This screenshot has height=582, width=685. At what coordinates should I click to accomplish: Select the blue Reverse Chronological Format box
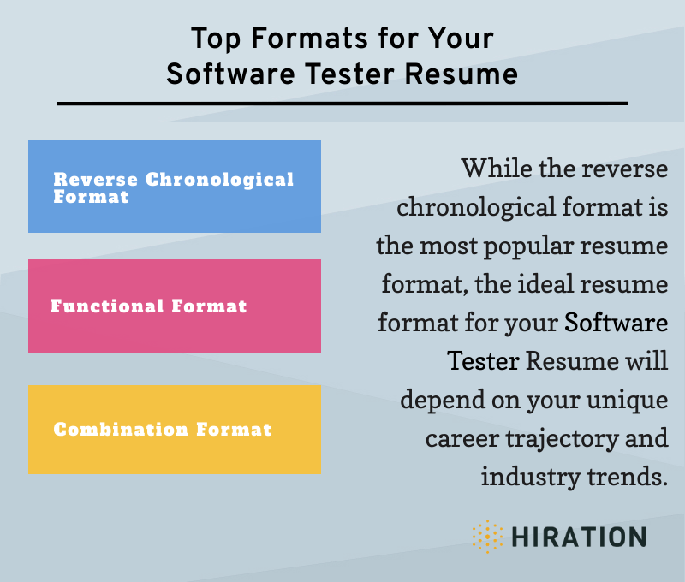point(175,186)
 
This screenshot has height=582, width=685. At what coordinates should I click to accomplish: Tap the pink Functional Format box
point(175,306)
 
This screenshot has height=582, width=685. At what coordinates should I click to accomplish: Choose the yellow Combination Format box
point(175,429)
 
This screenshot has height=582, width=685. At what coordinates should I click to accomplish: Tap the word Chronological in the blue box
point(219,180)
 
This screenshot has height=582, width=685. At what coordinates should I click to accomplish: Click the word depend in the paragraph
point(438,400)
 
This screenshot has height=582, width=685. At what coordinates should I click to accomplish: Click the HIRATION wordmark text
point(579,537)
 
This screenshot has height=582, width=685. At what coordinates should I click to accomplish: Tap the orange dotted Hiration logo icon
point(487,537)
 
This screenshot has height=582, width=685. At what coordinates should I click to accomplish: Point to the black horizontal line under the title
point(342,104)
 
